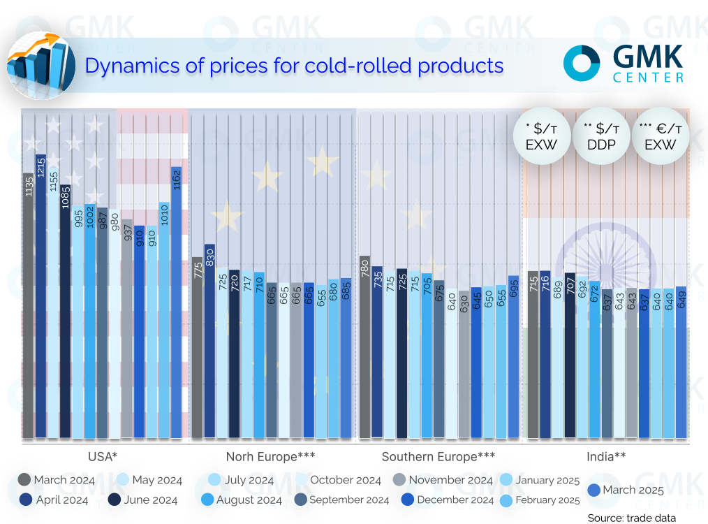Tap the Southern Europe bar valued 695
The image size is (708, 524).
(x=514, y=357)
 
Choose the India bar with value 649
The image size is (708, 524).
(x=681, y=363)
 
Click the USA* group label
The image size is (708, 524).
(x=102, y=457)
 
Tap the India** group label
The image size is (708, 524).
(x=605, y=457)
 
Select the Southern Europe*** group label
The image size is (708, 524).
(x=438, y=457)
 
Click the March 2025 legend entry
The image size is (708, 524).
(x=621, y=490)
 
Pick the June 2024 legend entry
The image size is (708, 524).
(x=144, y=500)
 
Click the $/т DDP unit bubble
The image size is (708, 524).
(x=601, y=136)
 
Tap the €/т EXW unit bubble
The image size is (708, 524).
(x=660, y=136)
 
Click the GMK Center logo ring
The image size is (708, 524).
(x=582, y=64)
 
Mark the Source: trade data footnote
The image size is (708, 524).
(x=632, y=518)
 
